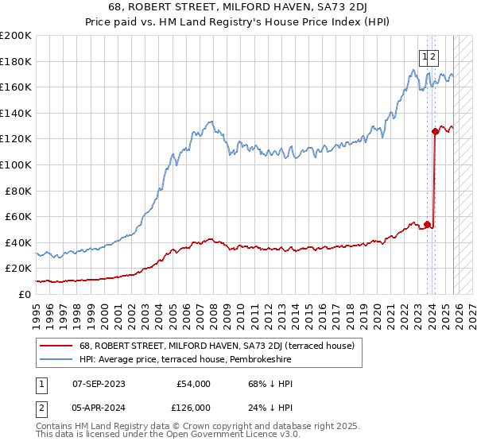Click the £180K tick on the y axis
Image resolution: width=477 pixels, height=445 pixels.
point(16,61)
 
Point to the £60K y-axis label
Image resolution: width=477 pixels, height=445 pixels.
point(18,216)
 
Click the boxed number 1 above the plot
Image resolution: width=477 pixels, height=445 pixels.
point(425,56)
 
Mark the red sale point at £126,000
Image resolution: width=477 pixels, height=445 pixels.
point(435,131)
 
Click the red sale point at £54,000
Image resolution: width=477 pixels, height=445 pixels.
point(427,224)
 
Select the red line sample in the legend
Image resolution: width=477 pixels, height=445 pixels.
point(57,346)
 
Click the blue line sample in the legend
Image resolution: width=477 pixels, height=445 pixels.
point(57,359)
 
